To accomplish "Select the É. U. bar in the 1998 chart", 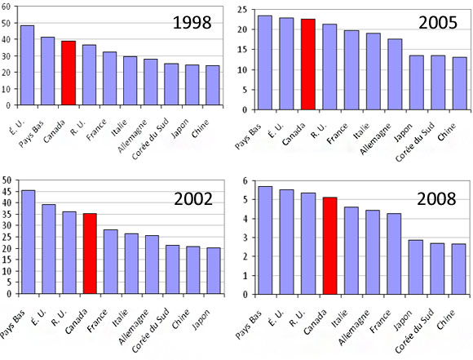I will pos(27,65).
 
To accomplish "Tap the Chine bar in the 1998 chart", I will pos(213,85).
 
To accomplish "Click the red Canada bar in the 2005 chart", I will pos(308,64).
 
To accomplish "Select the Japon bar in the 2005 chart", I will pos(417,82).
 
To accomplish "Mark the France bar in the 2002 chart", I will pos(111,261).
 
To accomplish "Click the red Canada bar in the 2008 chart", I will pos(330,245).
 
